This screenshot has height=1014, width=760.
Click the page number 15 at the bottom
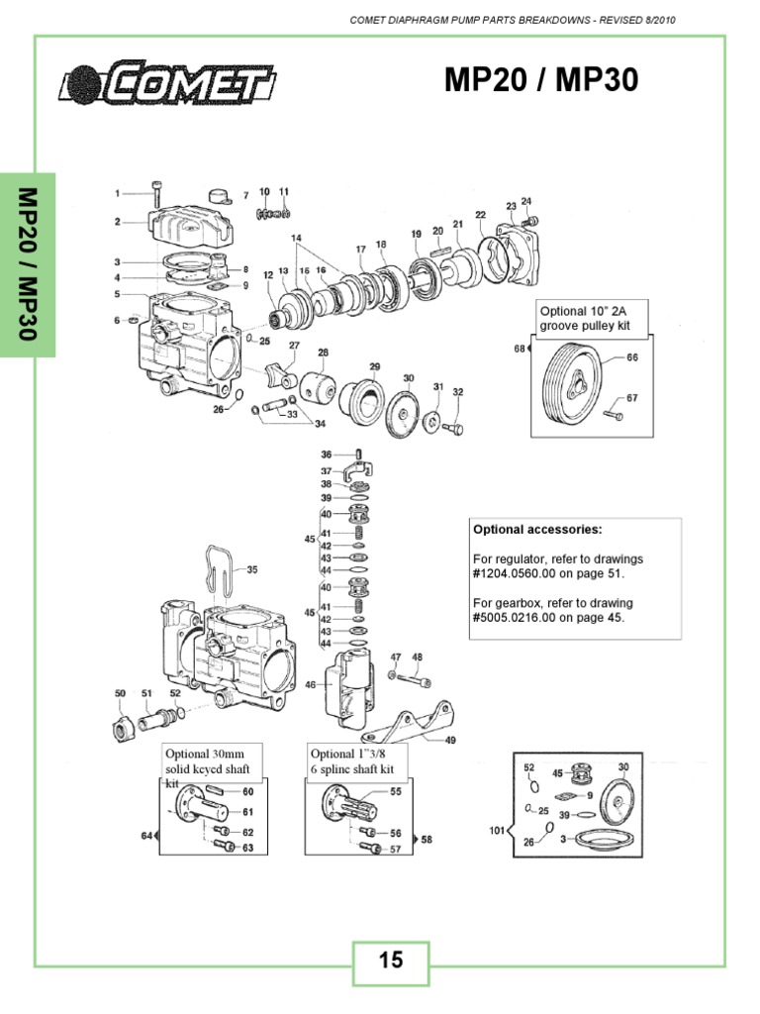click(391, 960)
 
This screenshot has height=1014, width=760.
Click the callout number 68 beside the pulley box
click(519, 349)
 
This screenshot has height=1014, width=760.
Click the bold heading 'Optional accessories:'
click(536, 529)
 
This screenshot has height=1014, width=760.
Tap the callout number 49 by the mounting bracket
click(450, 740)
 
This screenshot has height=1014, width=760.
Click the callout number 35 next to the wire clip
click(251, 569)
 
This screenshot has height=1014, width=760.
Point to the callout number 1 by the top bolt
click(117, 193)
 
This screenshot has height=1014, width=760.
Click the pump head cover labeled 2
click(188, 222)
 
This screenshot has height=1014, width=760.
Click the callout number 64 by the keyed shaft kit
click(145, 836)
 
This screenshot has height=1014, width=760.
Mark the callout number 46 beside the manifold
click(311, 684)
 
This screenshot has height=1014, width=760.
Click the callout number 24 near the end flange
click(525, 201)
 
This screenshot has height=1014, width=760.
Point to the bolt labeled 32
click(453, 429)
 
